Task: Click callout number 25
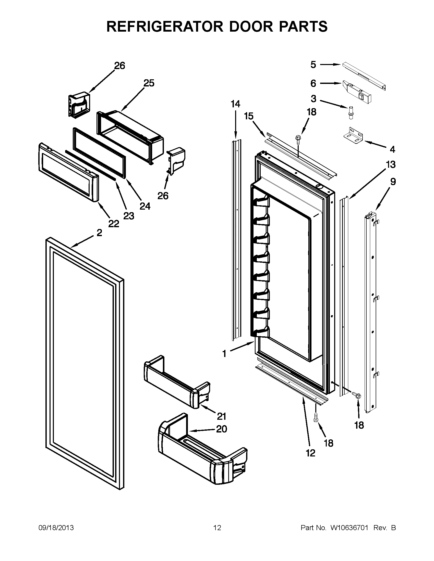coord(149,83)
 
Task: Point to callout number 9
coord(393,182)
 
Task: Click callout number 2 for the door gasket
coord(99,233)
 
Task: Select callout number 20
coord(221,429)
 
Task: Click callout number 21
coord(221,416)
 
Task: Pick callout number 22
coord(114,224)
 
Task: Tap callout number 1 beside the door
coord(224,354)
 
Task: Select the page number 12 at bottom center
coord(217,528)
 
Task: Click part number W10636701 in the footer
coord(349,528)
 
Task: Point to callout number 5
coord(313,65)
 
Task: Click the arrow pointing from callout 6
coord(330,83)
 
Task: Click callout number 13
coord(391,164)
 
